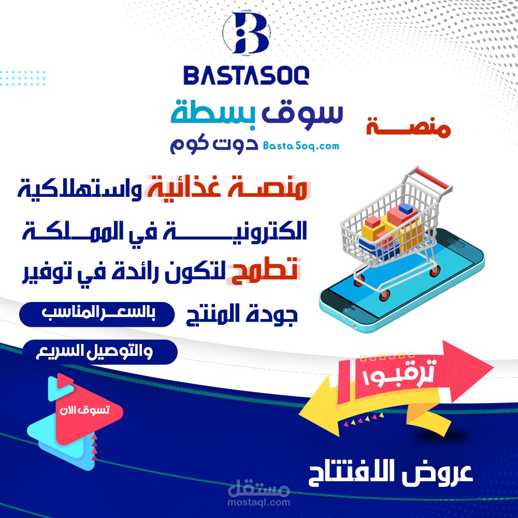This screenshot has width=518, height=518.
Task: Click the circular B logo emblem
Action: click(x=247, y=33)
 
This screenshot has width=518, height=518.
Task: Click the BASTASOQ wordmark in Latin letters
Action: click(x=247, y=75)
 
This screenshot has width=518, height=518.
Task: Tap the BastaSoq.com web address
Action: click(x=301, y=146)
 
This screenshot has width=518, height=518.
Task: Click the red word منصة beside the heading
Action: click(x=408, y=127)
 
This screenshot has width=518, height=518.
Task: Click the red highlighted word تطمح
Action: click(x=264, y=271)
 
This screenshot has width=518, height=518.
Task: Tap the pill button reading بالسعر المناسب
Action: click(x=97, y=314)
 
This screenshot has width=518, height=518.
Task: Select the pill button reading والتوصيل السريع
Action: click(x=100, y=352)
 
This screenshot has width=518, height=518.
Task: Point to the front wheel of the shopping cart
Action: click(x=384, y=295)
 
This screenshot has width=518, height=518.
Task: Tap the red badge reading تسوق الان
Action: click(x=84, y=410)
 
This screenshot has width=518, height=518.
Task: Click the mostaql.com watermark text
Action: click(x=258, y=502)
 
